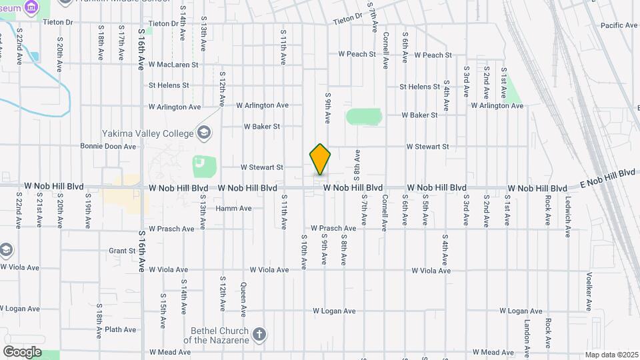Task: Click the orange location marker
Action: (x=320, y=159)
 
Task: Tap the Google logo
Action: (x=22, y=351)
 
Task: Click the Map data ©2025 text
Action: (x=611, y=355)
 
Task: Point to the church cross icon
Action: (x=259, y=333)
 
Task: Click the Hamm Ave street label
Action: (x=233, y=208)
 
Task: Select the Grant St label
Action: (x=122, y=251)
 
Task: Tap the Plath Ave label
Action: (x=121, y=329)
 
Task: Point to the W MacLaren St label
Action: (x=173, y=65)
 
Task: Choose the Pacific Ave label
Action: (x=619, y=25)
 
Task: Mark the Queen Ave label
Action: (x=244, y=302)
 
